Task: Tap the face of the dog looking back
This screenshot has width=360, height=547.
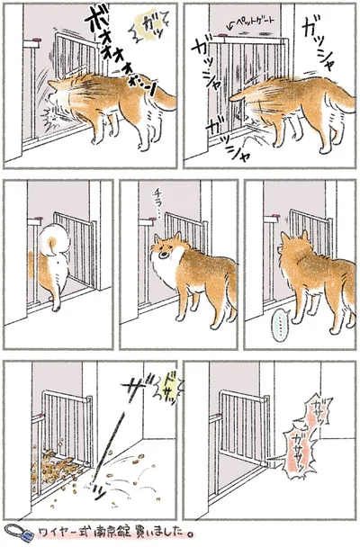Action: [x=166, y=252]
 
